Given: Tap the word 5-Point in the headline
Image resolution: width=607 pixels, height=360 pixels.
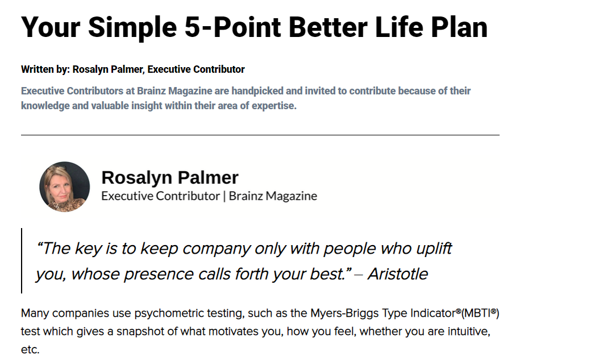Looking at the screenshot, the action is pyautogui.click(x=232, y=27).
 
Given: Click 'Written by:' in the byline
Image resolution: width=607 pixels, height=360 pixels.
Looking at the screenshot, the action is pyautogui.click(x=45, y=69).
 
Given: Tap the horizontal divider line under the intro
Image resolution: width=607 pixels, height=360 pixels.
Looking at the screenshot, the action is pyautogui.click(x=260, y=135).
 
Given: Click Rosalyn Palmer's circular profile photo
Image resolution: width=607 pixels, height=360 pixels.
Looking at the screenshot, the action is pyautogui.click(x=65, y=187).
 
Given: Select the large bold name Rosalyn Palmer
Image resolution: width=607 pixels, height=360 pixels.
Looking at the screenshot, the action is pyautogui.click(x=170, y=177).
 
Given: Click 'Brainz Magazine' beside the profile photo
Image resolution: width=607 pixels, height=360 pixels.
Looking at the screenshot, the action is pyautogui.click(x=273, y=196).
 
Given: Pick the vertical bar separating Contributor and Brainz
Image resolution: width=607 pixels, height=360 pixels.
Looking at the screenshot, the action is pyautogui.click(x=224, y=196).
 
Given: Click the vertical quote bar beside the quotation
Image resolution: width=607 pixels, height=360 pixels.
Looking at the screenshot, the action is pyautogui.click(x=22, y=260).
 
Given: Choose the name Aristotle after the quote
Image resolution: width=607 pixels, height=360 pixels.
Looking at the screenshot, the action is pyautogui.click(x=398, y=274).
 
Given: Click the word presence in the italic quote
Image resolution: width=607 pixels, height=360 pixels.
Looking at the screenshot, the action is pyautogui.click(x=159, y=274).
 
